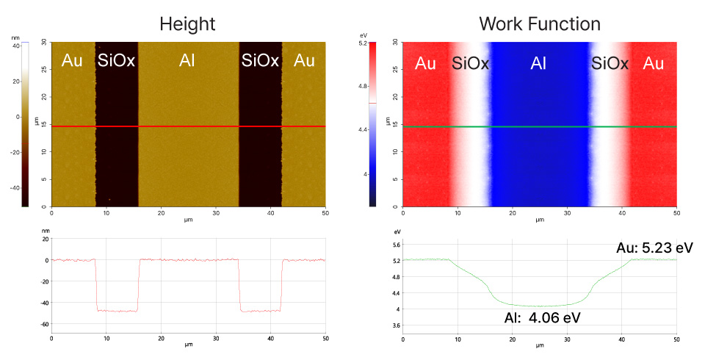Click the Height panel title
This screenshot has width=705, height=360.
[187, 24]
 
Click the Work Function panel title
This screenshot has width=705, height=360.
[539, 24]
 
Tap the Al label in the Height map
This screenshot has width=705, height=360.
[187, 61]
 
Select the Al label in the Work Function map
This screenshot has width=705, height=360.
[538, 64]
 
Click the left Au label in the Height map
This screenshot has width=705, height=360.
[72, 61]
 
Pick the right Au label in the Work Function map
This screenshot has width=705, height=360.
[654, 64]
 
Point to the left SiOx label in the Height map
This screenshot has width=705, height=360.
[117, 61]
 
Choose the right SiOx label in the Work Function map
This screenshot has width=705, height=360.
[610, 64]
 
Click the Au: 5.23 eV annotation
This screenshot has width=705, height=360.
[654, 246]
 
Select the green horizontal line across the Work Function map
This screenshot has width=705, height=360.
[539, 126]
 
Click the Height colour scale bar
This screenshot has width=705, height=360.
[25, 125]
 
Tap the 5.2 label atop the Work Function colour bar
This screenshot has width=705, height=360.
[363, 45]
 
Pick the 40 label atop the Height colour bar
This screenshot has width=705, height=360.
[15, 46]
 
